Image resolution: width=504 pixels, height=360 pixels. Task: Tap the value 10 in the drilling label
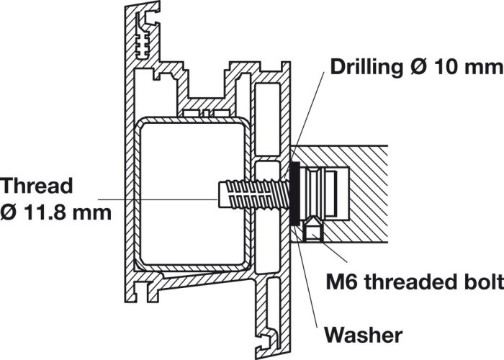pyautogui.click(x=449, y=68)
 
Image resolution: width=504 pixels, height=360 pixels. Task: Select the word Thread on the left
pyautogui.click(x=37, y=186)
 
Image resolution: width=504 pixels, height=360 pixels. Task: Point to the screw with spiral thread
pyautogui.click(x=248, y=193)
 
